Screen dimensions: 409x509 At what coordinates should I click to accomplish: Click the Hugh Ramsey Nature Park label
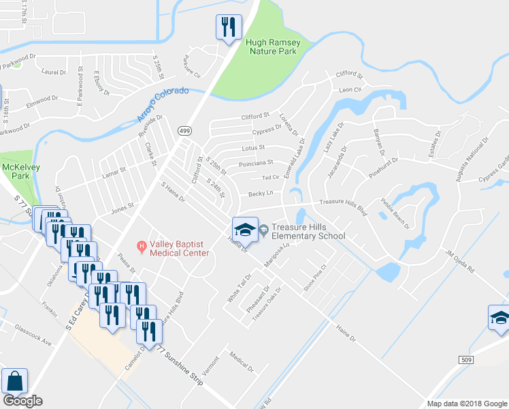coord(272,46)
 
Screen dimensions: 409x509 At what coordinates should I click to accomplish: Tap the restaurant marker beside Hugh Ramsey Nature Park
coord(227,27)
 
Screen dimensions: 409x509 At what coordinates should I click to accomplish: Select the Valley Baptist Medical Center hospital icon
coord(142,245)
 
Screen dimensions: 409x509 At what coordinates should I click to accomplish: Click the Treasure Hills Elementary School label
coord(308,232)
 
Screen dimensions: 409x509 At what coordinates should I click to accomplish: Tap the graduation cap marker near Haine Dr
coord(245,229)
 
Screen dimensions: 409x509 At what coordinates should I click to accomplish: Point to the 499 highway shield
coord(184,130)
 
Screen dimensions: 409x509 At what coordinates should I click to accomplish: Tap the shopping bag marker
coord(14,382)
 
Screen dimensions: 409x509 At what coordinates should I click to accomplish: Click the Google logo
coord(22,401)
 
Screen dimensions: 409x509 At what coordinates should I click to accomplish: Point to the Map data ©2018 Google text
coord(467,404)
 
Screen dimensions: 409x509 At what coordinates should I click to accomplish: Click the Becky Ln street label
coord(260,193)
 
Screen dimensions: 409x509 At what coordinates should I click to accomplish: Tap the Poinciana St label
coord(256,163)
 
